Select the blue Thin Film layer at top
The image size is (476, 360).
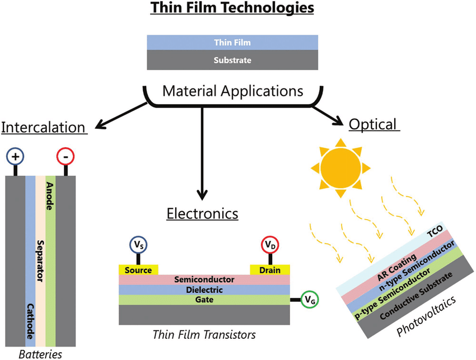(x=233, y=43)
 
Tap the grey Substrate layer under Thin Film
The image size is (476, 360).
(x=233, y=60)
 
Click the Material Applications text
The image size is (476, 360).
(x=233, y=91)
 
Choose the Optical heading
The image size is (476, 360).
(x=374, y=124)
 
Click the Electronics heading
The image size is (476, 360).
(x=203, y=213)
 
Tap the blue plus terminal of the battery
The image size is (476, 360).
(x=15, y=157)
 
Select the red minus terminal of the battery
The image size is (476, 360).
(x=66, y=157)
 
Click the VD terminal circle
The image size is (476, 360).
(x=270, y=245)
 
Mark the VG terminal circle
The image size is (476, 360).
(x=310, y=300)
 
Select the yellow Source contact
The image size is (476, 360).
(x=138, y=270)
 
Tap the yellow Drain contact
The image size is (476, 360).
(x=270, y=270)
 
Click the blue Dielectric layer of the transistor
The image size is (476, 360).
(x=204, y=289)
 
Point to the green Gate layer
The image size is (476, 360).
(x=204, y=300)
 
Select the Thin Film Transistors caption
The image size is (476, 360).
(x=204, y=335)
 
